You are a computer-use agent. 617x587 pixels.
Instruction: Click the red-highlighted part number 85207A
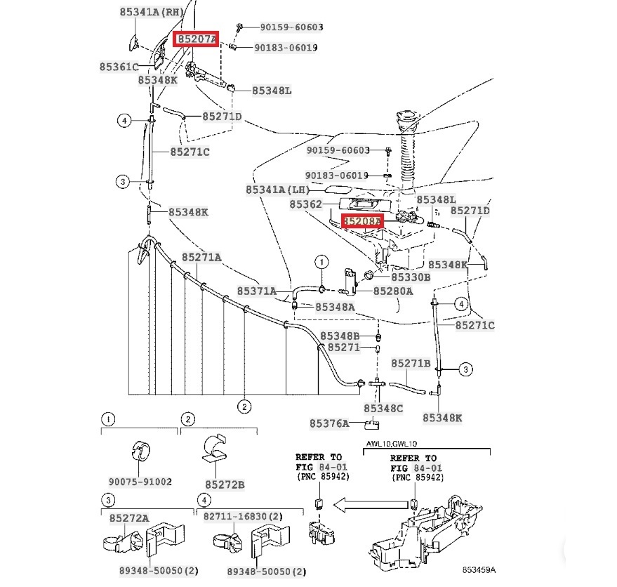point(197,39)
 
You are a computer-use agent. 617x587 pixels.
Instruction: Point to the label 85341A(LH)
point(277,190)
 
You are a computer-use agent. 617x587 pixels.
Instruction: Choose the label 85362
point(305,204)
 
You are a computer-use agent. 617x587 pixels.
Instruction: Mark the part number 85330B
point(406,277)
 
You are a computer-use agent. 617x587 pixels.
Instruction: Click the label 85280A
point(392,291)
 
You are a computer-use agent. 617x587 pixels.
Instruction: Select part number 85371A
point(256,291)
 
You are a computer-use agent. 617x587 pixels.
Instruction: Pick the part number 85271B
point(411,363)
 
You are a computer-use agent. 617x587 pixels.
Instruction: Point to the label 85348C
point(383,408)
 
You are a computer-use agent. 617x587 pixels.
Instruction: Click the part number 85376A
point(329,423)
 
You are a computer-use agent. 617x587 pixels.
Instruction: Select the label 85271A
point(201,258)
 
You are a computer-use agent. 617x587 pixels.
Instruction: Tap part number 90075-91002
point(140,482)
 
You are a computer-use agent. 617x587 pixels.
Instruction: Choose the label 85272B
point(225,484)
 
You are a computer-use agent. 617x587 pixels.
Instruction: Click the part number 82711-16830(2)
point(243,516)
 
